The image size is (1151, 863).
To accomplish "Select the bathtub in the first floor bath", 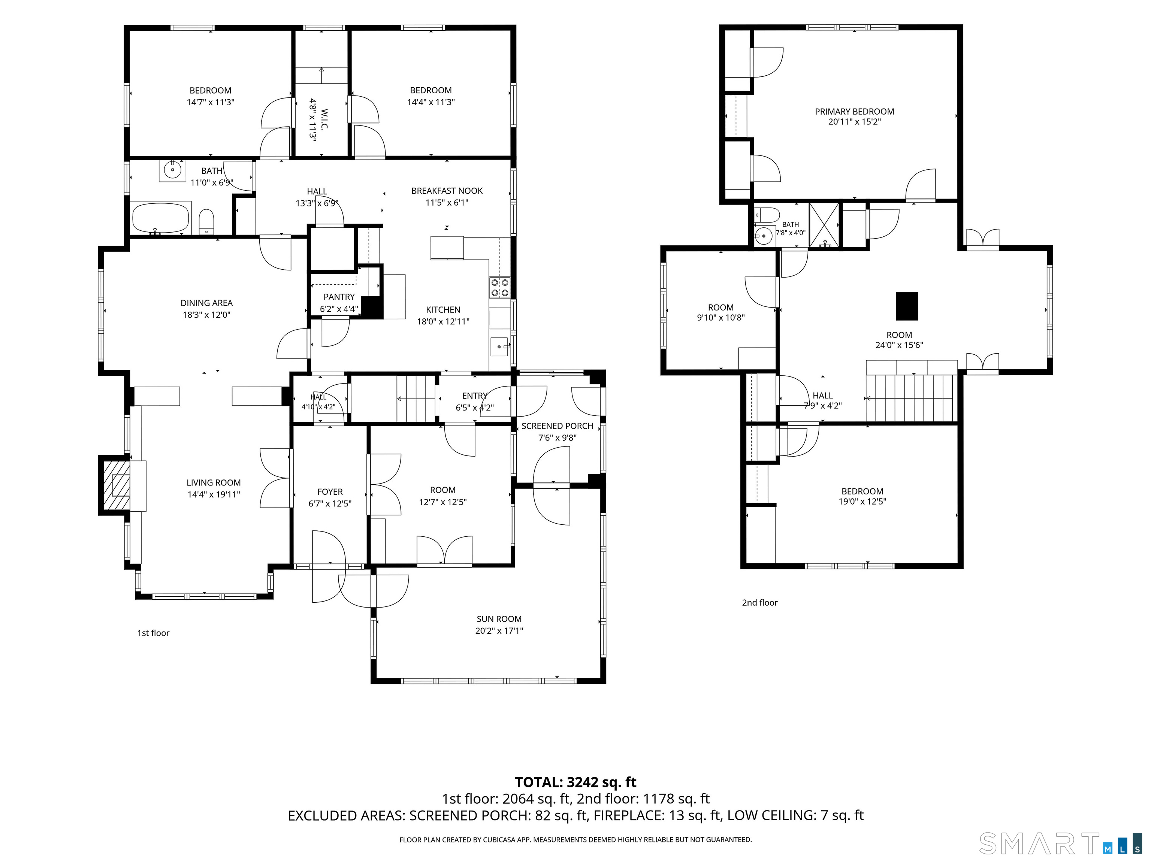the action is [x=161, y=218].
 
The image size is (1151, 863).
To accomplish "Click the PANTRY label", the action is [x=339, y=297].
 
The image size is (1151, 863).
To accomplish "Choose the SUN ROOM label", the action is [x=499, y=618].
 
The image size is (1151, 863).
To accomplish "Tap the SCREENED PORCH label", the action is [x=557, y=426].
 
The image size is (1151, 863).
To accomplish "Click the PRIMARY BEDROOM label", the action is [x=854, y=111].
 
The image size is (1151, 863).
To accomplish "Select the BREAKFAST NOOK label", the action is [x=447, y=190].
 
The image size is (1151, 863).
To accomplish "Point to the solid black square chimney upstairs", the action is [x=907, y=306].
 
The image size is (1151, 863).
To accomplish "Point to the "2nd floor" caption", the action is [x=760, y=602].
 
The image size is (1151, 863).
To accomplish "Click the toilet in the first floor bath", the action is [x=206, y=221].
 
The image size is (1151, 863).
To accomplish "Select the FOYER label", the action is [x=330, y=491].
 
